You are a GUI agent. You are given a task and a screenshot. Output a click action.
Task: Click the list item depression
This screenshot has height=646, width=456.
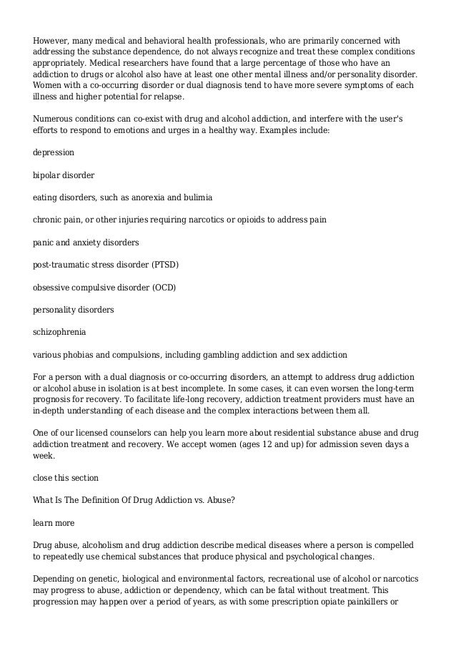pos(54,153)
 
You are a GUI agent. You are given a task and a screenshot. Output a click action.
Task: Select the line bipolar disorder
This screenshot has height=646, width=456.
pos(64,175)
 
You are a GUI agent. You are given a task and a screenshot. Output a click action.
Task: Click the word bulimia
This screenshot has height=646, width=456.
pos(196,197)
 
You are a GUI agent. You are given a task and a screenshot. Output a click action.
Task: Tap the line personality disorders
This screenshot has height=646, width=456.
pos(74,310)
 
